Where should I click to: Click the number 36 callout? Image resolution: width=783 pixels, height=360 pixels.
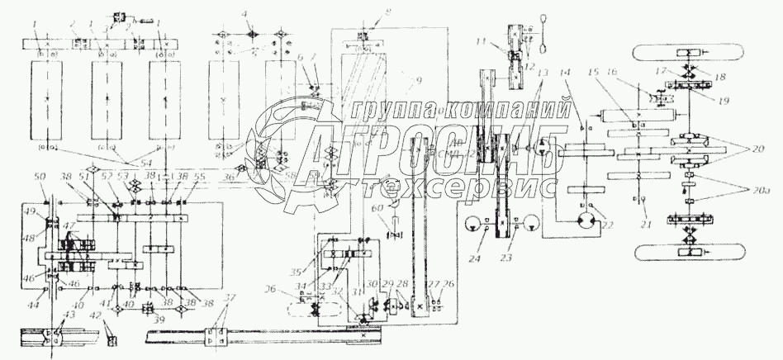[271, 288]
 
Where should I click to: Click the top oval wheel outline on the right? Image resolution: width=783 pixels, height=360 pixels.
[688, 52]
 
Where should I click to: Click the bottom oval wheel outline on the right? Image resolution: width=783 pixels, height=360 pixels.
[688, 251]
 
